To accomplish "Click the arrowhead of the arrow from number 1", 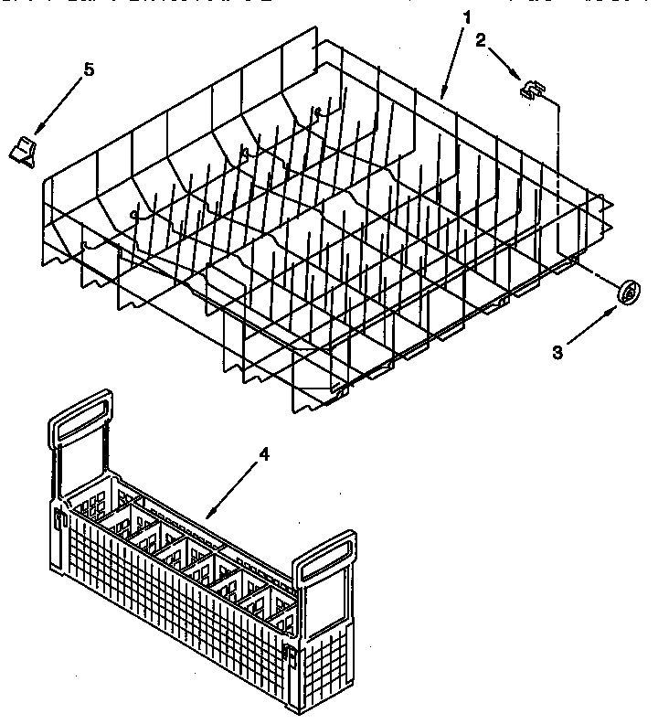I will pos(442,95).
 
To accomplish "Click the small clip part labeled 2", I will pos(531,89).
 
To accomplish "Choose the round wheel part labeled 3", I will pos(627,293).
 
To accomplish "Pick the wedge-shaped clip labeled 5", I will pos(25,149).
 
